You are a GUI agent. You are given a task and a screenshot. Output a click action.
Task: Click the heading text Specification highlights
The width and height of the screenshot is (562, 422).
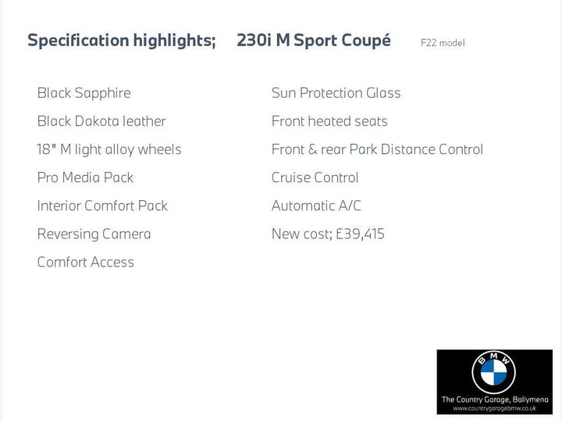(121, 41)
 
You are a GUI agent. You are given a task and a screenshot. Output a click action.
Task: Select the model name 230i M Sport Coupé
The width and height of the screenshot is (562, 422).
(313, 41)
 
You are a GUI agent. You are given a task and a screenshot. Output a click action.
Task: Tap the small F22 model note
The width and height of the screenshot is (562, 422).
(443, 43)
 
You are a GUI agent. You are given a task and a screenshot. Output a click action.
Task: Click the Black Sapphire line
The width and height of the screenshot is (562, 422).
(84, 93)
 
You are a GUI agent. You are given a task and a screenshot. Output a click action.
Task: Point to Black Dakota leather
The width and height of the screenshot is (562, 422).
(101, 121)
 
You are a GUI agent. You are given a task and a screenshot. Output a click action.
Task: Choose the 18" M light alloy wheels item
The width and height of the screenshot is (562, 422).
(108, 149)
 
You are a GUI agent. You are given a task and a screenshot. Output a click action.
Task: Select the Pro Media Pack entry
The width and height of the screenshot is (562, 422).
(85, 177)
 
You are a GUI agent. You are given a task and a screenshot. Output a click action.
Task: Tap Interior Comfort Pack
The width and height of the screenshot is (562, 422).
(102, 206)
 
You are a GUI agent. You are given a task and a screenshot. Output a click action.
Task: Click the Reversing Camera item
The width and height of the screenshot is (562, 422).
(94, 234)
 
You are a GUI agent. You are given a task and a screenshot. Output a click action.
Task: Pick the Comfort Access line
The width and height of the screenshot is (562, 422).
(85, 262)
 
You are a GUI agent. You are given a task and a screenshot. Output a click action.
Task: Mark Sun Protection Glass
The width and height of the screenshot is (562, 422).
(336, 93)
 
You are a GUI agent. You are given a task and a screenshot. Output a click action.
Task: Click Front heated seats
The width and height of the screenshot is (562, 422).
(329, 121)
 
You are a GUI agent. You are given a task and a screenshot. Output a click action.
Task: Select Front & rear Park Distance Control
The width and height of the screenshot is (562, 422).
(377, 149)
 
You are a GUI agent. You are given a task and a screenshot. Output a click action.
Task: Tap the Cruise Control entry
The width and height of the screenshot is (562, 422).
(315, 177)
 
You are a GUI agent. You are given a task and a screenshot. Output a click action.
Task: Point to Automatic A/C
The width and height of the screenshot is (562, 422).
(316, 206)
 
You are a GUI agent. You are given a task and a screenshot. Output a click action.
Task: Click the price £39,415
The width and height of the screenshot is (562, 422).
(360, 234)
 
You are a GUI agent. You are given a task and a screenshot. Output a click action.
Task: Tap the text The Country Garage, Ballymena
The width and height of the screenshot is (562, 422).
(494, 399)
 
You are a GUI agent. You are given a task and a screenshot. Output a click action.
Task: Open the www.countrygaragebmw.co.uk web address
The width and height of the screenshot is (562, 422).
(494, 409)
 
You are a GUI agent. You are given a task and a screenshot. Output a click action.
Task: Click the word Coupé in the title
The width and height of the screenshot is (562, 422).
(365, 41)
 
